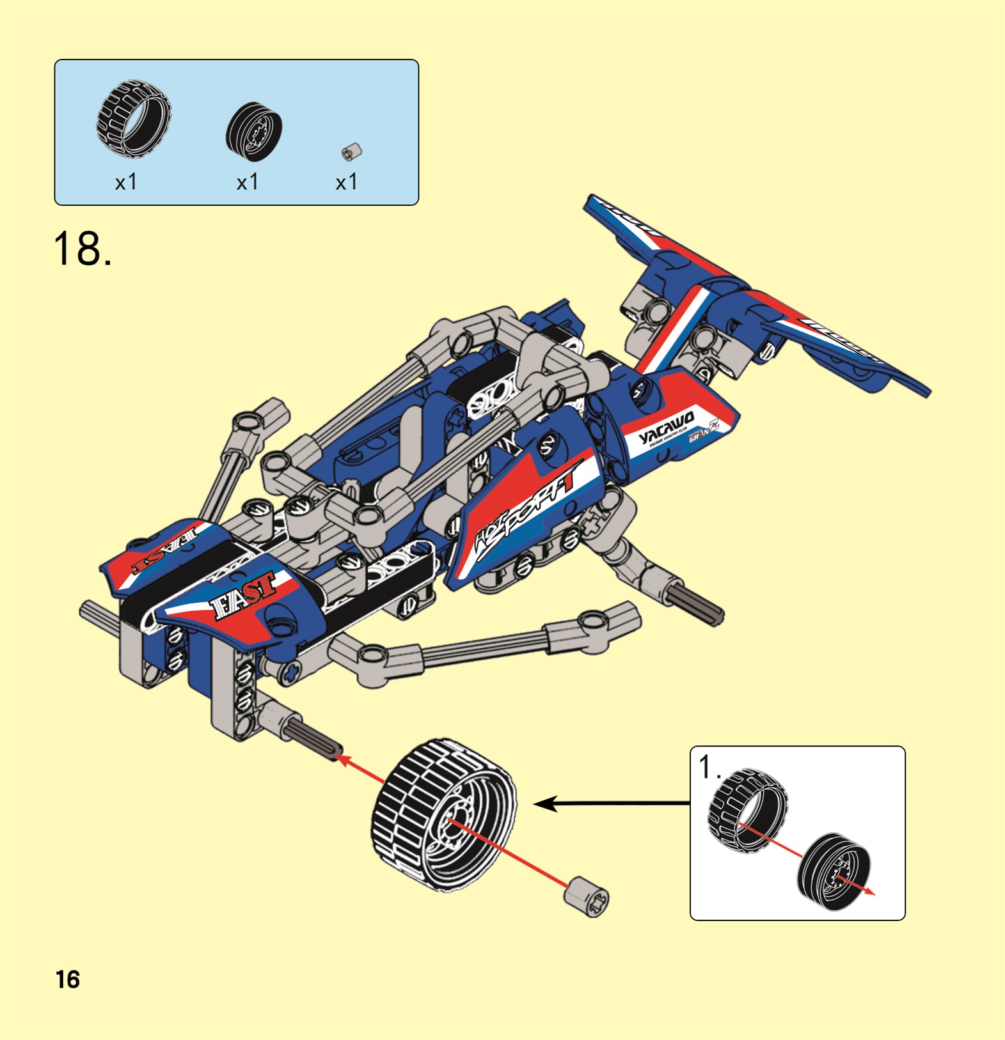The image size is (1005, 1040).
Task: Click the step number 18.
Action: click(82, 249)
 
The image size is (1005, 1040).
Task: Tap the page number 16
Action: click(68, 979)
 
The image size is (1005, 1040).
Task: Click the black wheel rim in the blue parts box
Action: click(254, 131)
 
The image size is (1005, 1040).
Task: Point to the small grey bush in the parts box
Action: click(352, 152)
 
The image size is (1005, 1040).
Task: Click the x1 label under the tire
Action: click(126, 183)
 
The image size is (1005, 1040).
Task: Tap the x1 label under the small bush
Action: click(347, 183)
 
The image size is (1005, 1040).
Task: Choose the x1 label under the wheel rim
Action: click(248, 183)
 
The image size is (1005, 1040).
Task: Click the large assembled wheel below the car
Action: click(443, 814)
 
